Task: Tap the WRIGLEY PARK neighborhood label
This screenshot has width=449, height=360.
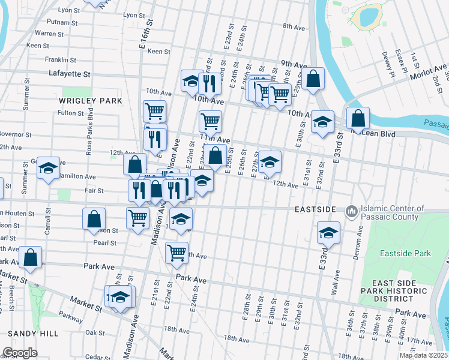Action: point(91,101)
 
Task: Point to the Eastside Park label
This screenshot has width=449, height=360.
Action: point(405,253)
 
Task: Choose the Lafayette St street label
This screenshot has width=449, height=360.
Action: point(70,74)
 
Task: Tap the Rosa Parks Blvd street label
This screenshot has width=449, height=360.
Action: point(91,136)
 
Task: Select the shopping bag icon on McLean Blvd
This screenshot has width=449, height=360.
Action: point(358,118)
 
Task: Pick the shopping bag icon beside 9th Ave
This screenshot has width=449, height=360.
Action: point(313,79)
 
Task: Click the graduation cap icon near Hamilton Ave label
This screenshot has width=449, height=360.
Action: point(48,167)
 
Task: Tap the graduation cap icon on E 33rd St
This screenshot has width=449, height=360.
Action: point(328,232)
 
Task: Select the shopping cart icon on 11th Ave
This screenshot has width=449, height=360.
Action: point(210,121)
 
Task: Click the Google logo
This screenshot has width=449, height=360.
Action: point(20,353)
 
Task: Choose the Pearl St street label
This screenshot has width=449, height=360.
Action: point(105,243)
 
